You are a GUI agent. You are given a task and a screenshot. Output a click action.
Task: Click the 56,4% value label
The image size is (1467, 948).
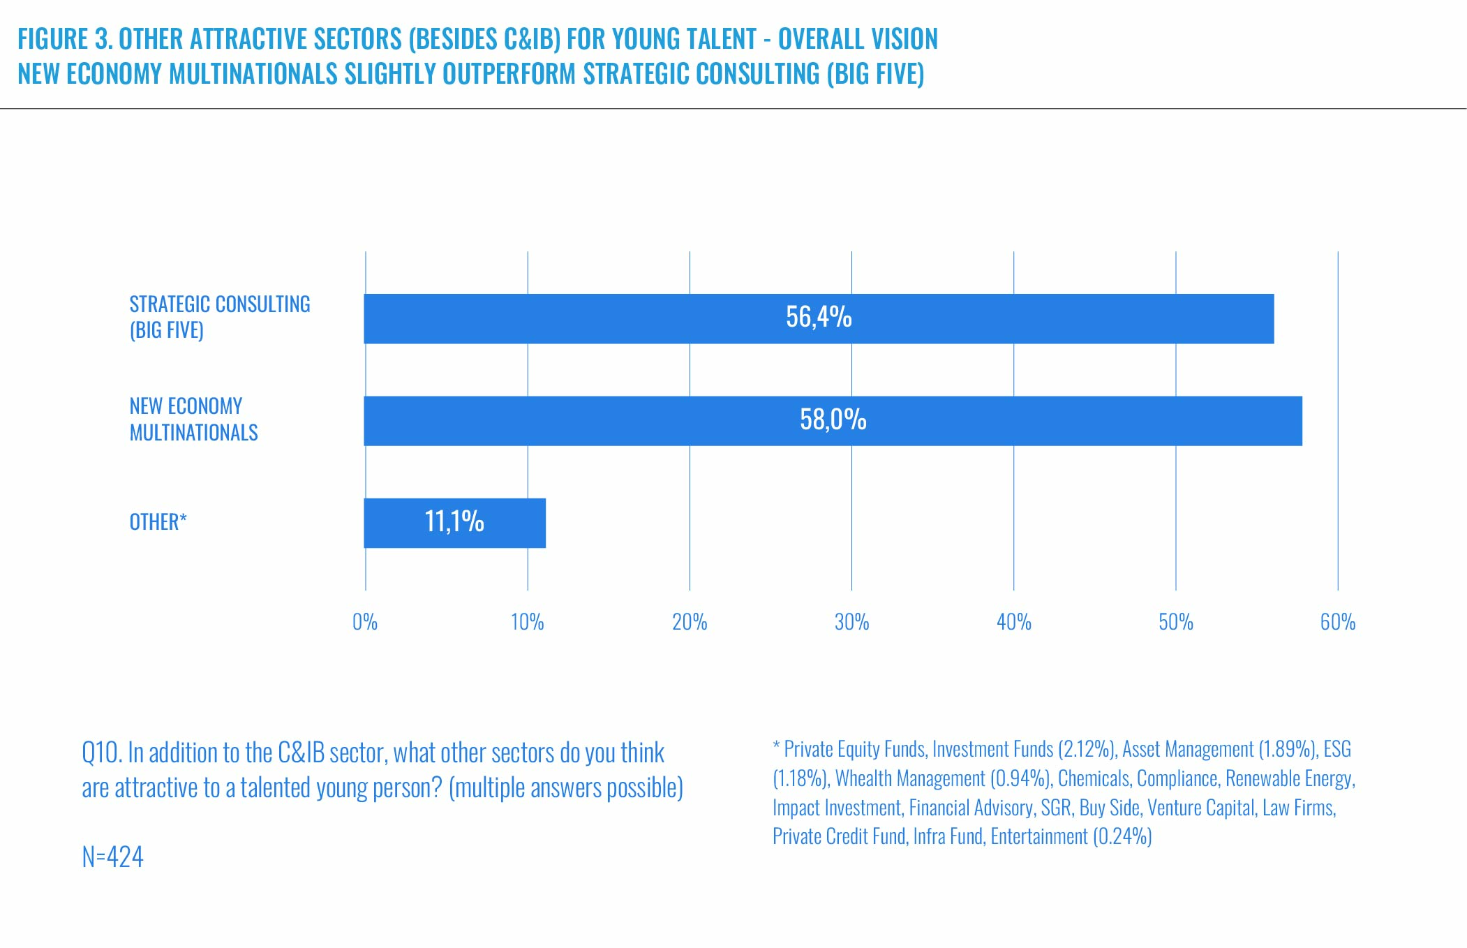[819, 318]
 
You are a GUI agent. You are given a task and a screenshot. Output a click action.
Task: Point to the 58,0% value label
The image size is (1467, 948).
[833, 420]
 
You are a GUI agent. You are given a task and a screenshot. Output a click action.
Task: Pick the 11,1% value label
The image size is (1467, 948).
[454, 522]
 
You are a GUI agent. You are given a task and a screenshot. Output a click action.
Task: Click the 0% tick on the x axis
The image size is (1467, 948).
[365, 622]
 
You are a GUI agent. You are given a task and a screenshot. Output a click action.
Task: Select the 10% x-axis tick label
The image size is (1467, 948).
[527, 622]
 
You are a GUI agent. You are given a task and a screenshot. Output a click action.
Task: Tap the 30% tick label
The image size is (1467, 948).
[851, 622]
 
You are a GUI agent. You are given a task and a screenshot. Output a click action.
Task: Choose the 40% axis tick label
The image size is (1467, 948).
[1013, 622]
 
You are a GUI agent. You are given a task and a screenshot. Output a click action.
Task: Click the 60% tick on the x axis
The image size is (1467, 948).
[1337, 622]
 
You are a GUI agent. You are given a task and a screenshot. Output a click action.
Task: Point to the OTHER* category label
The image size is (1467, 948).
[158, 522]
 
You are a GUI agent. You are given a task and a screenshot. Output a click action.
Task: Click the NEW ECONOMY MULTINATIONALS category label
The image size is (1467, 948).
[193, 420]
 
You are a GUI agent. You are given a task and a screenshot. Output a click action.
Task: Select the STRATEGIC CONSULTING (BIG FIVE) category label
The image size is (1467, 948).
[219, 317]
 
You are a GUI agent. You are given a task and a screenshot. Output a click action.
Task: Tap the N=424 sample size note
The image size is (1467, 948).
[112, 857]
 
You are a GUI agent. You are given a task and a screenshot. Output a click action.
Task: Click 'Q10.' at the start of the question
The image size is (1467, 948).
[101, 753]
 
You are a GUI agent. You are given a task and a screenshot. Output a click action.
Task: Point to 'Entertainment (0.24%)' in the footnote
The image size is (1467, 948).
[1071, 836]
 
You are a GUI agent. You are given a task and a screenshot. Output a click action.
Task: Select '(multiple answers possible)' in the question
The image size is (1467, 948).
[565, 788]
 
